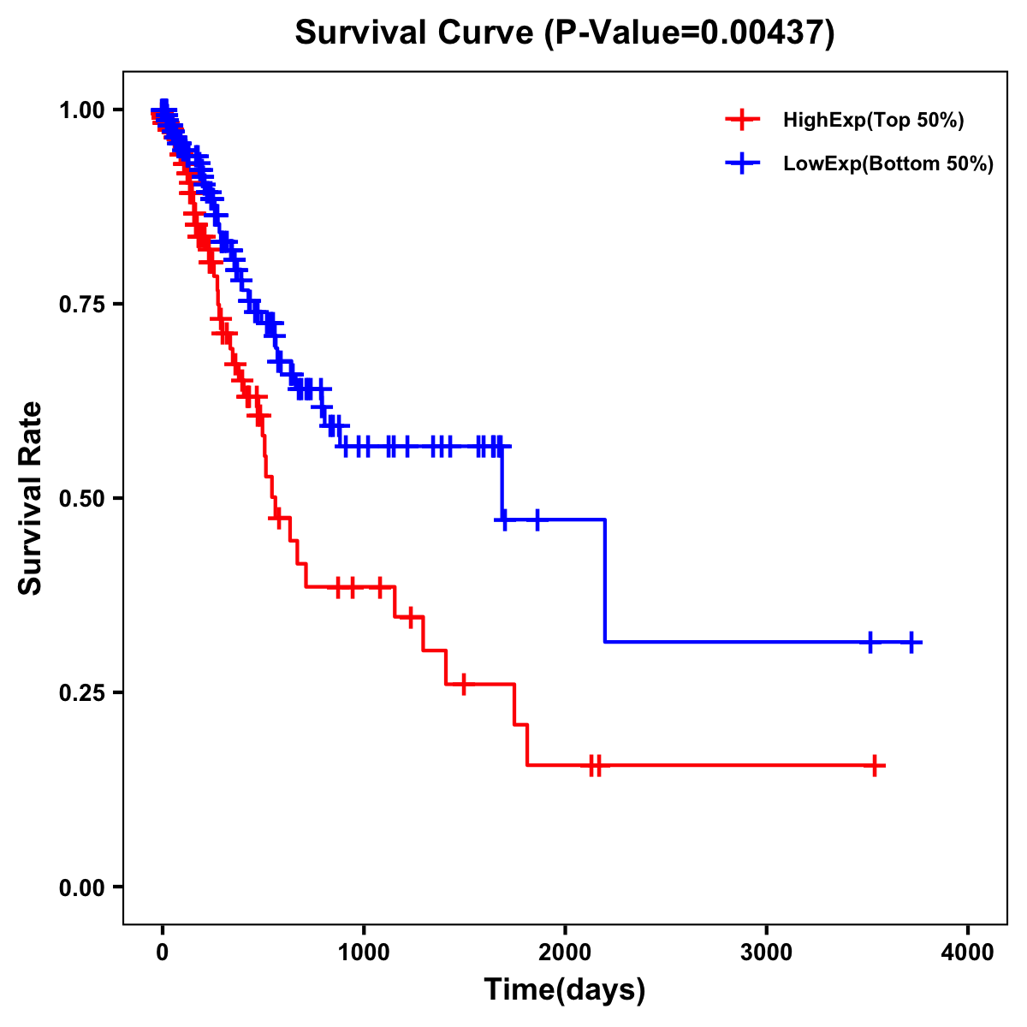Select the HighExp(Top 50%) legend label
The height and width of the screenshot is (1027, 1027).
[x=873, y=121]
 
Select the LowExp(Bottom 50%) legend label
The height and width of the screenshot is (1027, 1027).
[x=887, y=163]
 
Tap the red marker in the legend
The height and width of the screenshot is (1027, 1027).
[x=742, y=120]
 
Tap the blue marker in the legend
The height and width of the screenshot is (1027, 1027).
[x=742, y=163]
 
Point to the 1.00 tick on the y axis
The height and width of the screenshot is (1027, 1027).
[x=80, y=110]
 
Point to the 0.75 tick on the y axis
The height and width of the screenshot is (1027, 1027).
[x=80, y=305]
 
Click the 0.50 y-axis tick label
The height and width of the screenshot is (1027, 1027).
[x=80, y=499]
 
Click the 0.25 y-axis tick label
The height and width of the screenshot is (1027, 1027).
[x=80, y=693]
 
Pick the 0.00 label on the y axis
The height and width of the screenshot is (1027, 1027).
[x=80, y=887]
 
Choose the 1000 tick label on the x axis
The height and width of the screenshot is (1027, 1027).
[x=364, y=953]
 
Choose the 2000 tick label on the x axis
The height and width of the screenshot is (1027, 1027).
[x=565, y=953]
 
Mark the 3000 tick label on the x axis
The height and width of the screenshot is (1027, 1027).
[x=766, y=953]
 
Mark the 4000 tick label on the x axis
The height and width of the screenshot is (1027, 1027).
[x=968, y=953]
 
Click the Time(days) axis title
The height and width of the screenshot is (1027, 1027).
[x=565, y=990]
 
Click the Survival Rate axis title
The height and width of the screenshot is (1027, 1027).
[x=31, y=498]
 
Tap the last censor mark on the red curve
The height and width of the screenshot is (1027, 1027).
[x=875, y=765]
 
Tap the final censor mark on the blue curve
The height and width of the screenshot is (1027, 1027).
[x=912, y=642]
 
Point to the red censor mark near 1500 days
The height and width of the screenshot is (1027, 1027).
[x=463, y=685]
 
